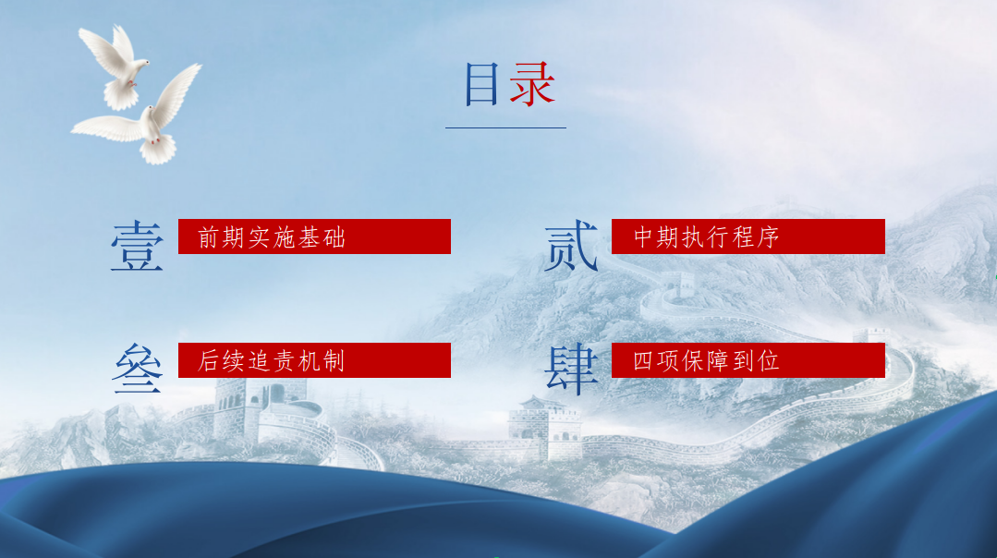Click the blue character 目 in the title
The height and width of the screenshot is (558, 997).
coord(481,84)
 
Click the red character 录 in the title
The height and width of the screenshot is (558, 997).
coord(532,84)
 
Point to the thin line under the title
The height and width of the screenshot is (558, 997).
coord(505,127)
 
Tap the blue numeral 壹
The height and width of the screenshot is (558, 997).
coord(137,247)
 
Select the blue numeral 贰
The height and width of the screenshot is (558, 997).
coord(571,246)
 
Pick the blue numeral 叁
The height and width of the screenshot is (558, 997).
coord(138,368)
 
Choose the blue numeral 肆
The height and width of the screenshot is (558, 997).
coord(572,370)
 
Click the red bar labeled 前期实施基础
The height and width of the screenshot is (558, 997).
coord(314,237)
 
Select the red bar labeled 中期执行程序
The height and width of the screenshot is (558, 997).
coord(748,237)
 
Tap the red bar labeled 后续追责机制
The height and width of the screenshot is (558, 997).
coord(314,360)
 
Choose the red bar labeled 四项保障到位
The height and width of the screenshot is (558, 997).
coord(748,360)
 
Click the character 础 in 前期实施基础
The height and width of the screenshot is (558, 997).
coord(334,237)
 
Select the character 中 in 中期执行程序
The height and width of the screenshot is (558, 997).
coord(643,237)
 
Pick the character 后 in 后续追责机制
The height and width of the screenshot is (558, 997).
coord(208,361)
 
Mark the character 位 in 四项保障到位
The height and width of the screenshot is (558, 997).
coord(768,361)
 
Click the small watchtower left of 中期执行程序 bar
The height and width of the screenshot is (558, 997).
coord(678,284)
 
